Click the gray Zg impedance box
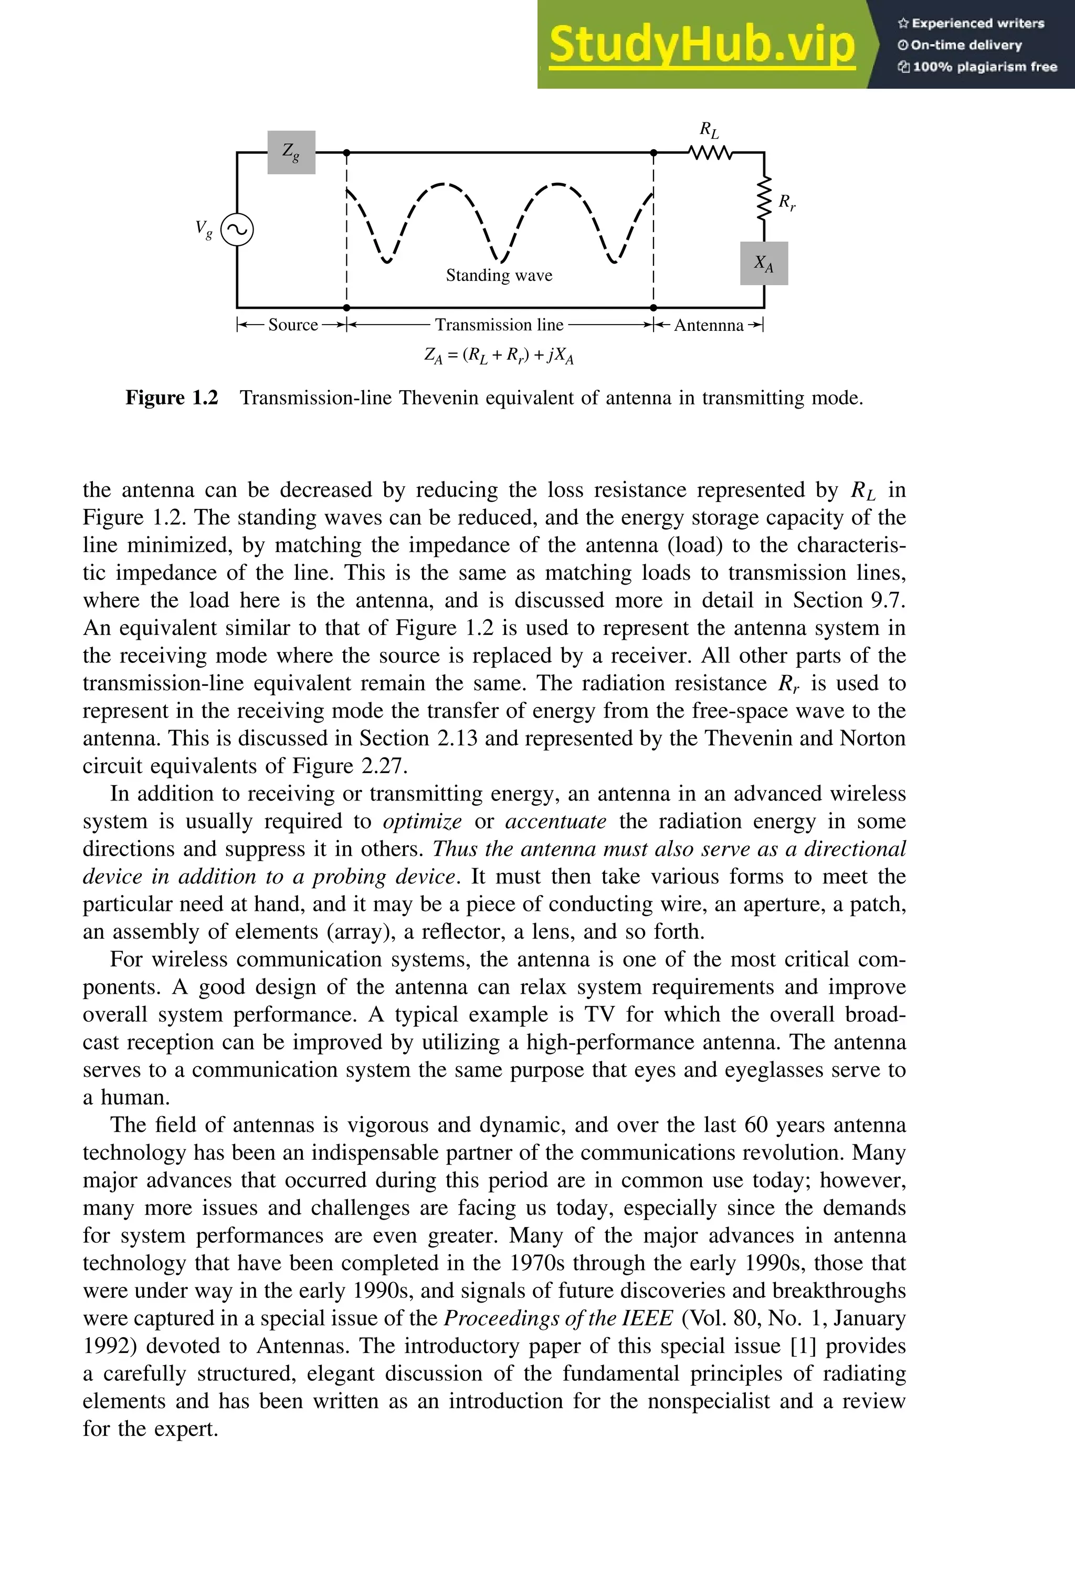(x=291, y=152)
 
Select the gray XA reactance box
(x=764, y=263)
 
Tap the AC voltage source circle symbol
(x=237, y=230)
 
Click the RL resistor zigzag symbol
(x=710, y=153)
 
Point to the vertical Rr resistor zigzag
(x=764, y=198)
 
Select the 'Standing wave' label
(x=499, y=275)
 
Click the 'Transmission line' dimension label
(x=499, y=325)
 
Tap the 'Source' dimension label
(x=293, y=325)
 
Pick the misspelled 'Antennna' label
(x=709, y=325)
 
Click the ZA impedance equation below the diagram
(x=499, y=355)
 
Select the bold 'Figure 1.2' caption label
(x=172, y=398)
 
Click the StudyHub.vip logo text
(x=702, y=45)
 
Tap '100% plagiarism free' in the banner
(x=984, y=66)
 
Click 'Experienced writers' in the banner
(x=977, y=23)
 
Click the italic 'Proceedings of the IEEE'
(x=558, y=1318)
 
